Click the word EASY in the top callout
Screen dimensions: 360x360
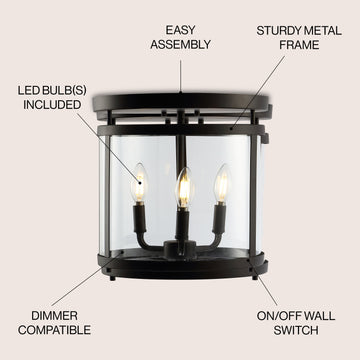click(x=180, y=30)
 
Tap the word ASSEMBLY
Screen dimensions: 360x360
click(x=180, y=44)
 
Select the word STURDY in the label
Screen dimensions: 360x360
click(x=276, y=31)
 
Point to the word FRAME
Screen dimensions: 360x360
click(x=299, y=45)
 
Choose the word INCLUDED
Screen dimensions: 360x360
click(x=52, y=105)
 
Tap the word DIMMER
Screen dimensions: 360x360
click(x=54, y=315)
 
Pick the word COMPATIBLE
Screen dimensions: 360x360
click(x=54, y=330)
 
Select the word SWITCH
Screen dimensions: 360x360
click(x=296, y=330)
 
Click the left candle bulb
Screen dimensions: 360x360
click(x=139, y=183)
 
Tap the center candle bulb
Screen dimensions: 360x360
click(x=184, y=188)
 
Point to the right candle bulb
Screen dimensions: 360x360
click(x=222, y=183)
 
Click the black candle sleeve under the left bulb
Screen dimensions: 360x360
click(x=139, y=218)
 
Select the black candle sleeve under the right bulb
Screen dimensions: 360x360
click(x=219, y=219)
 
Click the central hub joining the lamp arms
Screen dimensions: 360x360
click(x=180, y=249)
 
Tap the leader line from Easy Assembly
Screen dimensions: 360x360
click(x=180, y=76)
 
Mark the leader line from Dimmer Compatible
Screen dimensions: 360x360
click(x=87, y=279)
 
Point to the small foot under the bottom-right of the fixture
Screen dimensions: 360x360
click(x=255, y=278)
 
